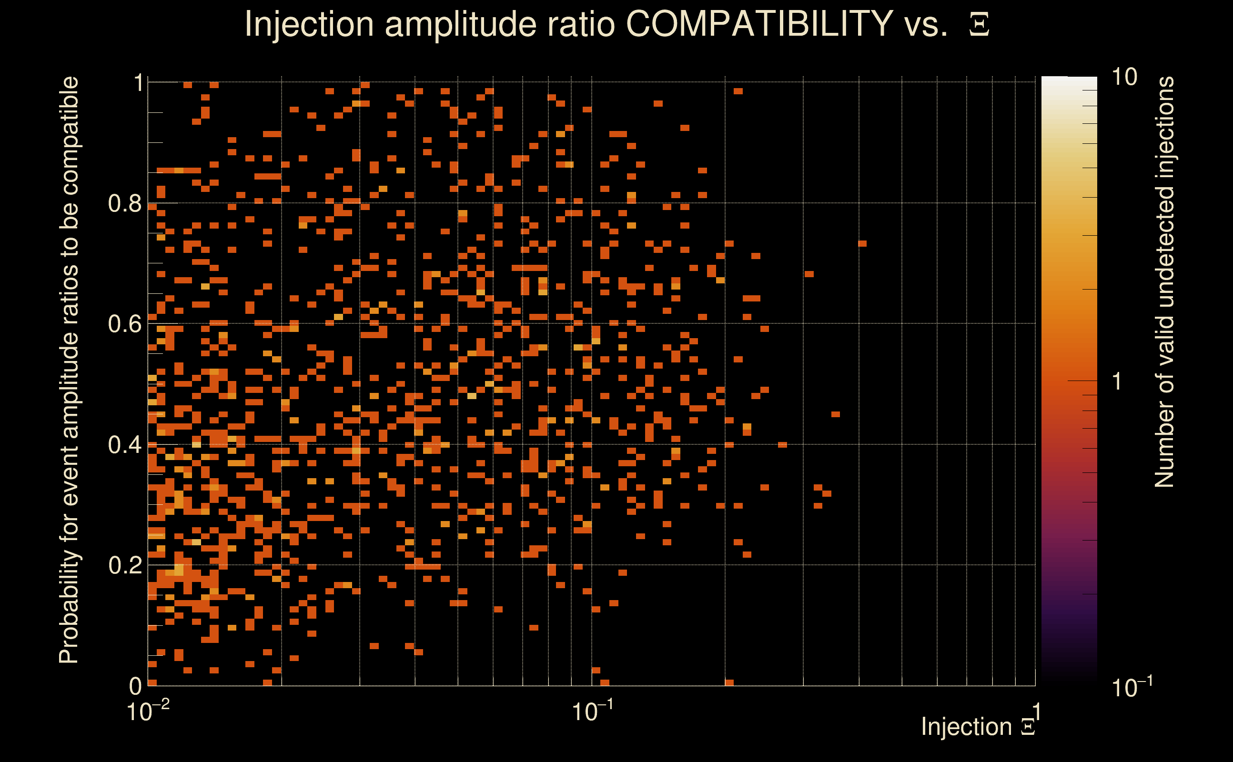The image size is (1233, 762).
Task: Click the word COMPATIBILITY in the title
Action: coord(759,24)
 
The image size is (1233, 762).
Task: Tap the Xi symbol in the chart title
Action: coord(979,25)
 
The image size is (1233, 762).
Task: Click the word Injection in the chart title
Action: coord(309,24)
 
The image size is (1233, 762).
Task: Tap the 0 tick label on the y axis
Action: coord(135,686)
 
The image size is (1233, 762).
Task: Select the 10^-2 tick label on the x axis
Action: coord(148,711)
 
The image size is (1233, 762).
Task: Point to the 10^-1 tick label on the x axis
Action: coord(592,711)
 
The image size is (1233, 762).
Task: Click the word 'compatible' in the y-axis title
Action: coord(69,136)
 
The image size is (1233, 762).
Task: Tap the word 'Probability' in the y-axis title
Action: coord(69,607)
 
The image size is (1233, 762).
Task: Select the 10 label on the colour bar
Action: coord(1124,77)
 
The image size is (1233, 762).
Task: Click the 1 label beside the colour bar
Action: coord(1118,381)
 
